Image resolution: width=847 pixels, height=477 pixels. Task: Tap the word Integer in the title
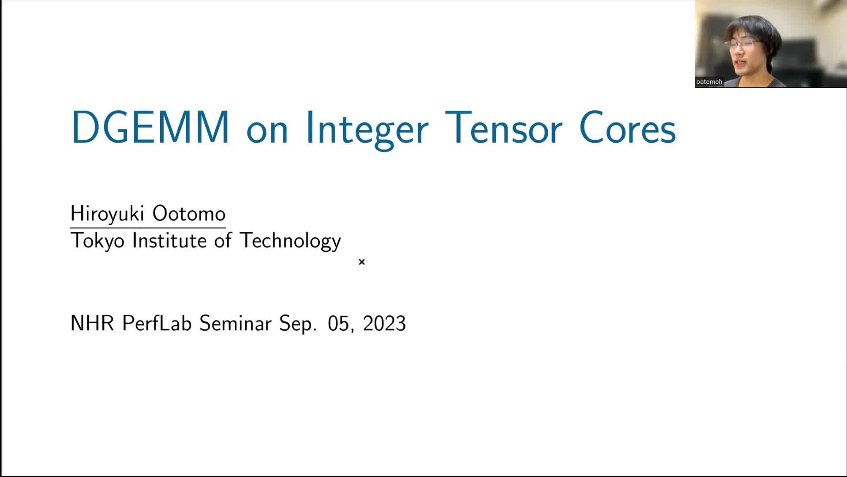click(367, 130)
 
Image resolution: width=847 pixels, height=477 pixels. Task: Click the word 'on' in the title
click(267, 132)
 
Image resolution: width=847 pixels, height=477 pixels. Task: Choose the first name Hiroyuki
click(107, 215)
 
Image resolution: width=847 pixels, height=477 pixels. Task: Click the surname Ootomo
click(189, 214)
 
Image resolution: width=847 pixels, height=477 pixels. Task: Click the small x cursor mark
click(362, 262)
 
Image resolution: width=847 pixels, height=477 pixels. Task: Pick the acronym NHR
click(92, 323)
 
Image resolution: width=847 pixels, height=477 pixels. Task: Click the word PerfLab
click(157, 323)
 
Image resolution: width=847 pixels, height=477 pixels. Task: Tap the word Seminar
click(235, 323)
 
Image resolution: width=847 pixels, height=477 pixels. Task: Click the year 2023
click(384, 323)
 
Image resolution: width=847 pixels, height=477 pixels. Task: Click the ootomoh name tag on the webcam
click(709, 82)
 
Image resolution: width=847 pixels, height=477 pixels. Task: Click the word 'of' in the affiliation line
click(223, 241)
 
